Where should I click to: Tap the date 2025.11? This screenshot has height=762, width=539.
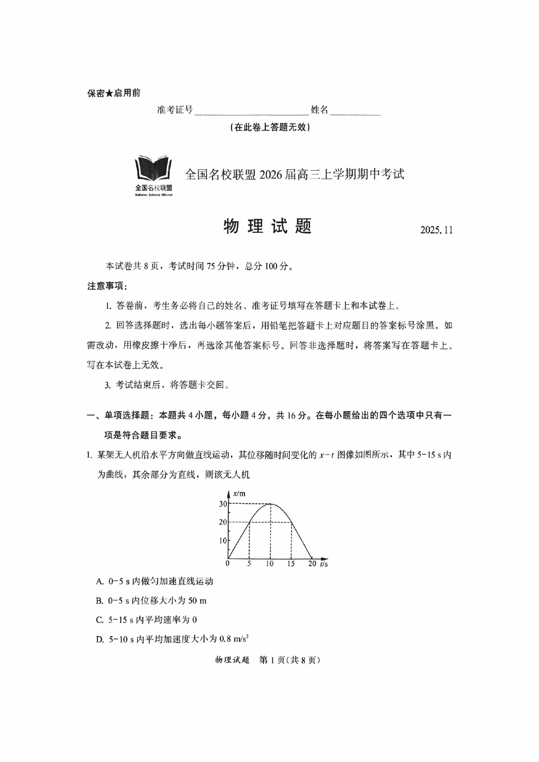[x=436, y=230]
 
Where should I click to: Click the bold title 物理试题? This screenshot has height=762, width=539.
[x=267, y=227]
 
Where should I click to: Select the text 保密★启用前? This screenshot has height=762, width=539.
[x=113, y=93]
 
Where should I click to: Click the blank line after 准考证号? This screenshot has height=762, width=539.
[x=251, y=112]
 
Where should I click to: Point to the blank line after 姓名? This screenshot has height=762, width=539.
[x=355, y=112]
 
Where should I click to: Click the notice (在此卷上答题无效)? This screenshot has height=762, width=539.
[x=269, y=128]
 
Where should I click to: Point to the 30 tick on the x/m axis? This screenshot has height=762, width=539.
[x=223, y=503]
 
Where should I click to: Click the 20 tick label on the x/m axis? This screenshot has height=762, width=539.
[x=223, y=522]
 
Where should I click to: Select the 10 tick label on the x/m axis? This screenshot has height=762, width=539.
[x=223, y=540]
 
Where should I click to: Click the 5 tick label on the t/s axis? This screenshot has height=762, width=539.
[x=249, y=564]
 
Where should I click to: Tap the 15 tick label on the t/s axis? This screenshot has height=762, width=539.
[x=291, y=564]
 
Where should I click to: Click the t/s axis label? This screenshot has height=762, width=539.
[x=324, y=564]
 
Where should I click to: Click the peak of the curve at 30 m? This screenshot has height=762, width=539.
[x=270, y=504]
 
